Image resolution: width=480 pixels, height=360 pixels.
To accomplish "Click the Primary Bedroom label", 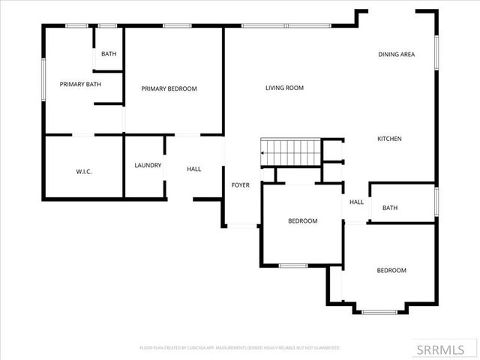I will [x=169, y=88].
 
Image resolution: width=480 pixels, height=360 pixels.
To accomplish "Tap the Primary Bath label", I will [x=80, y=84].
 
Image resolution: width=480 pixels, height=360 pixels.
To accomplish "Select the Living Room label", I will [x=284, y=88].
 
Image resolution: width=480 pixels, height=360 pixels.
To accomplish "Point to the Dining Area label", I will [x=396, y=54].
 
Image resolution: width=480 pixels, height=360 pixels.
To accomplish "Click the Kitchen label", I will [x=389, y=139].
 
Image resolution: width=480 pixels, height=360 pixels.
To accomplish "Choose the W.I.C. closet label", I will [x=83, y=172].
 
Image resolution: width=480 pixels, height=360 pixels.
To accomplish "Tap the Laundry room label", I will [x=148, y=165].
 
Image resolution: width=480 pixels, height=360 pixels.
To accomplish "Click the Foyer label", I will [x=240, y=184].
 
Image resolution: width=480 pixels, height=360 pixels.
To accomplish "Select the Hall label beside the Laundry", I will [x=193, y=169].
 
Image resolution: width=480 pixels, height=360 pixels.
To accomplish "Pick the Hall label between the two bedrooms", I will [x=356, y=202].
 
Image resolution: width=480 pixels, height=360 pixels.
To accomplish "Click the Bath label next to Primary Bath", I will [x=109, y=54].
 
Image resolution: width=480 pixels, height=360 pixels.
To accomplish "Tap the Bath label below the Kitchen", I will [x=390, y=208].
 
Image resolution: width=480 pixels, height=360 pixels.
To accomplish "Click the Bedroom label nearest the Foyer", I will [x=303, y=221].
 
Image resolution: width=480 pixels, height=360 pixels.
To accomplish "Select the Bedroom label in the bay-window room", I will [x=391, y=271].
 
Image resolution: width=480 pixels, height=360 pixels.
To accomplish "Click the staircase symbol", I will [x=289, y=153].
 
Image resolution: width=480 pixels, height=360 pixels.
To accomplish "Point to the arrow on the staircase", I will [x=262, y=153].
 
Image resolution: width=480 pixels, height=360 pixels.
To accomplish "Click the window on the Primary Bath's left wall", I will [x=43, y=78].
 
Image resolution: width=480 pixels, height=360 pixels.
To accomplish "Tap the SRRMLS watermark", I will [x=445, y=349].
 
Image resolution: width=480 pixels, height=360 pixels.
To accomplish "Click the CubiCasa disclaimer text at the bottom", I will [x=240, y=348].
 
